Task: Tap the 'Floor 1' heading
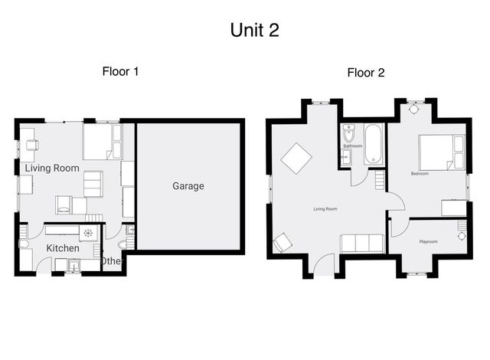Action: pyautogui.click(x=120, y=72)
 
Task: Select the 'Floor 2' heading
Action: pyautogui.click(x=365, y=74)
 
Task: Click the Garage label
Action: pyautogui.click(x=188, y=186)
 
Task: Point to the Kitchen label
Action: pyautogui.click(x=63, y=249)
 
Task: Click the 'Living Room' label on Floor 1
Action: pyautogui.click(x=52, y=168)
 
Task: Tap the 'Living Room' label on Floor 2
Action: pyautogui.click(x=325, y=208)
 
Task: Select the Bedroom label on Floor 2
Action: pyautogui.click(x=420, y=174)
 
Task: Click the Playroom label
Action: pyautogui.click(x=428, y=242)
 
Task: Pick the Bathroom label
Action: pyautogui.click(x=352, y=146)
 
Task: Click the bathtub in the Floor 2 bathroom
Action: pyautogui.click(x=374, y=144)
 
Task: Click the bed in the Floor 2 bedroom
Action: pyautogui.click(x=440, y=152)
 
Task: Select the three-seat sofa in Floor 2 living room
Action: pyautogui.click(x=362, y=244)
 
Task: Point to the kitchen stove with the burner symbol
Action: pyautogui.click(x=88, y=232)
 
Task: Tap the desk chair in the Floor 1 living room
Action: pyautogui.click(x=32, y=145)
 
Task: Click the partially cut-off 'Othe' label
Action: pyautogui.click(x=111, y=261)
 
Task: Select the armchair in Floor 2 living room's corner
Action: pyautogui.click(x=282, y=243)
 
